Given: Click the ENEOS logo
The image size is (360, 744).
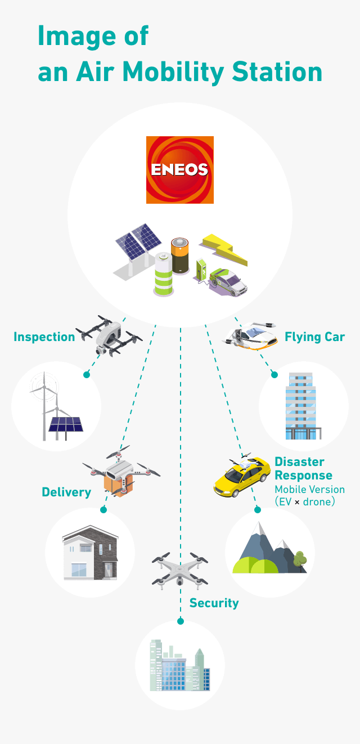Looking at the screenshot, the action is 180,170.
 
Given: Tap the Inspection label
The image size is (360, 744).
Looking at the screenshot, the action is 44,337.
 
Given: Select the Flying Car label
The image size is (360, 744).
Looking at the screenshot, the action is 315,337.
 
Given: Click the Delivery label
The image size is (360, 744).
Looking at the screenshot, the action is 66,492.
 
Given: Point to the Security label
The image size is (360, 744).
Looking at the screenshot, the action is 214,603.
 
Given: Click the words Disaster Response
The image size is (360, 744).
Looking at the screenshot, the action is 304,468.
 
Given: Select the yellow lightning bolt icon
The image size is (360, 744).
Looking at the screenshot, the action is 223,249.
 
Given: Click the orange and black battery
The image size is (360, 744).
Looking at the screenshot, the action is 180,256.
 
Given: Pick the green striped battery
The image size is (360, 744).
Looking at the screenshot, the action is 164,274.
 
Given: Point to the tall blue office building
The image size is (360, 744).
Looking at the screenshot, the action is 301,406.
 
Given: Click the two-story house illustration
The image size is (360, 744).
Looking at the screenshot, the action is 91,553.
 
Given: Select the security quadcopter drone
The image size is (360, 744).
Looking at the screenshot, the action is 180,571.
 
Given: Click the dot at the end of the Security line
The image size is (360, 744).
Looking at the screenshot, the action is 181,621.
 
